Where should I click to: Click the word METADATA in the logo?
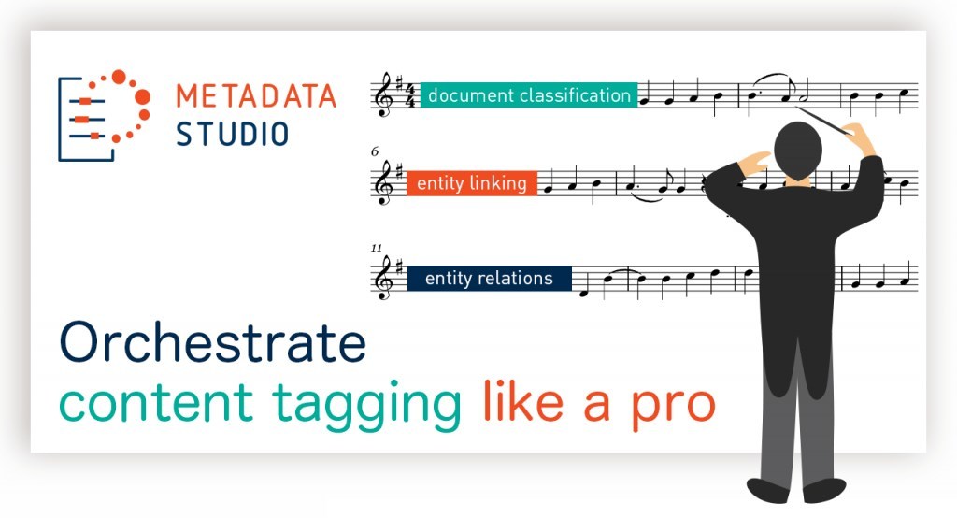pos(256,96)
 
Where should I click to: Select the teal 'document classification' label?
pos(529,95)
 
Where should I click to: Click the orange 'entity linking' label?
pos(472,183)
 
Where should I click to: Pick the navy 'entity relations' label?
pos(490,278)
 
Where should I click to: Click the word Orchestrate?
pos(213,342)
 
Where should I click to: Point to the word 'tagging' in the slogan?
pos(366,404)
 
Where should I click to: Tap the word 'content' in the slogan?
pos(156,403)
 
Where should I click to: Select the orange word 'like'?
pos(523,401)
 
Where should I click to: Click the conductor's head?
pos(798,151)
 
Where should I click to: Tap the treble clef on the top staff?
pos(384,94)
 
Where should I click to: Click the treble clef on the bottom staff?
pos(384,278)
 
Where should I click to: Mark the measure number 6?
pos(374,151)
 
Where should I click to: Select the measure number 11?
pos(376,248)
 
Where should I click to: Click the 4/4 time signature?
pos(411,95)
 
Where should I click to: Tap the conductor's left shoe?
pos(769,490)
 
